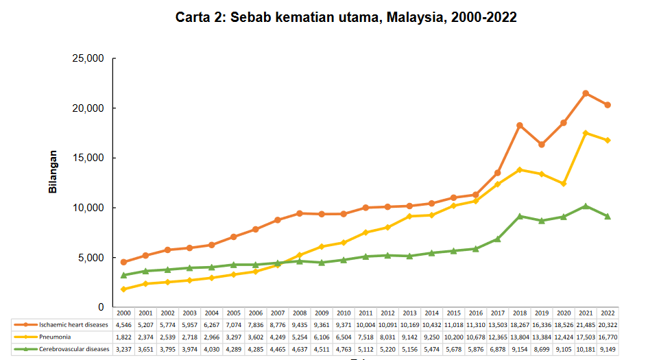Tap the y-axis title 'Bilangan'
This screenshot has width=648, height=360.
click(53, 171)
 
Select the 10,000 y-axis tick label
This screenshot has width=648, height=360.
click(87, 208)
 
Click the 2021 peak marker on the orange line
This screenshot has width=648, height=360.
click(586, 93)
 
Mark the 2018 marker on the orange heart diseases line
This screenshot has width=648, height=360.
click(520, 125)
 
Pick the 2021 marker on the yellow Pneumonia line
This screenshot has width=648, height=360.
click(586, 133)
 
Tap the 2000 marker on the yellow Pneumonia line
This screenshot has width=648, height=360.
click(123, 289)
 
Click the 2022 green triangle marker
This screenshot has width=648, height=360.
click(608, 217)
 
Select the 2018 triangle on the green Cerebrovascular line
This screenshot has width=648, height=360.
click(520, 216)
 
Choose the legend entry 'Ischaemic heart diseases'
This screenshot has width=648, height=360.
click(69, 324)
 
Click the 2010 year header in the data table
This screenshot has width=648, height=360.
click(344, 313)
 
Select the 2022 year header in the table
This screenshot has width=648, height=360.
click(608, 313)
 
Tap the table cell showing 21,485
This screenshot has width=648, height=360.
click(586, 324)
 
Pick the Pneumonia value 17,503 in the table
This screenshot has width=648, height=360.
click(586, 337)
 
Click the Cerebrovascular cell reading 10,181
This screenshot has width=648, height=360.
click(586, 348)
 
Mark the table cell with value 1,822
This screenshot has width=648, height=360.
click(123, 337)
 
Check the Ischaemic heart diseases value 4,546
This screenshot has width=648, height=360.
click(123, 324)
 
